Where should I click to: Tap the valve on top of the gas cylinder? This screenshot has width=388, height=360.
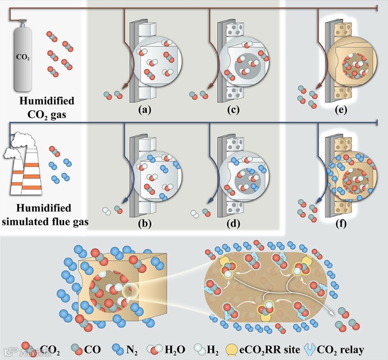point(23,23)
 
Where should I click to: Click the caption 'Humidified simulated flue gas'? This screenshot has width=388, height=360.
point(46,215)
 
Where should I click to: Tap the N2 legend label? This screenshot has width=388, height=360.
point(131,350)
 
